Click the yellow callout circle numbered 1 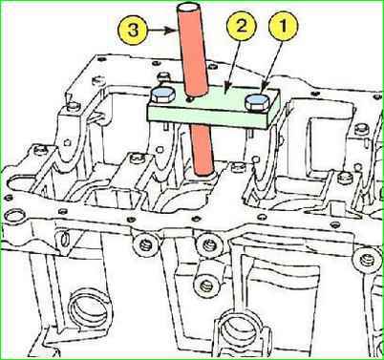pos(284,27)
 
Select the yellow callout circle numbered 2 pos(242,26)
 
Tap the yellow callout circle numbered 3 pos(133,31)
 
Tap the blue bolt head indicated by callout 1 pos(257,100)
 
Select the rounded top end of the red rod pos(188,7)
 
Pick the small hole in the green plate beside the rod pos(190,100)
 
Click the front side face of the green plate pos(207,116)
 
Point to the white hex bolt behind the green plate pos(163,77)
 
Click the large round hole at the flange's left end pos(12,217)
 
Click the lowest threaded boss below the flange pos(206,286)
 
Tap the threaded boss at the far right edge pos(366,260)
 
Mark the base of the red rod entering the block pos(203,174)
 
